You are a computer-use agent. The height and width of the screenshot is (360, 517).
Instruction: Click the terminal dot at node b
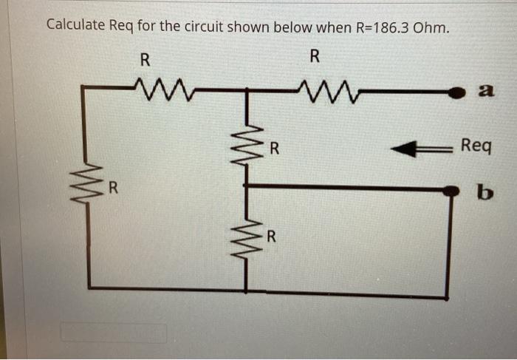click(449, 191)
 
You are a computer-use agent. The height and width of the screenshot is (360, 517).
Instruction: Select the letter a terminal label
click(485, 91)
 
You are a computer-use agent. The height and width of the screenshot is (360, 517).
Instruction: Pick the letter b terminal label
click(484, 193)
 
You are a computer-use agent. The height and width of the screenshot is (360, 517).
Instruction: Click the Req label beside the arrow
click(475, 146)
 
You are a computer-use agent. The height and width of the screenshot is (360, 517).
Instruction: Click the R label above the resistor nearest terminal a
click(315, 55)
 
